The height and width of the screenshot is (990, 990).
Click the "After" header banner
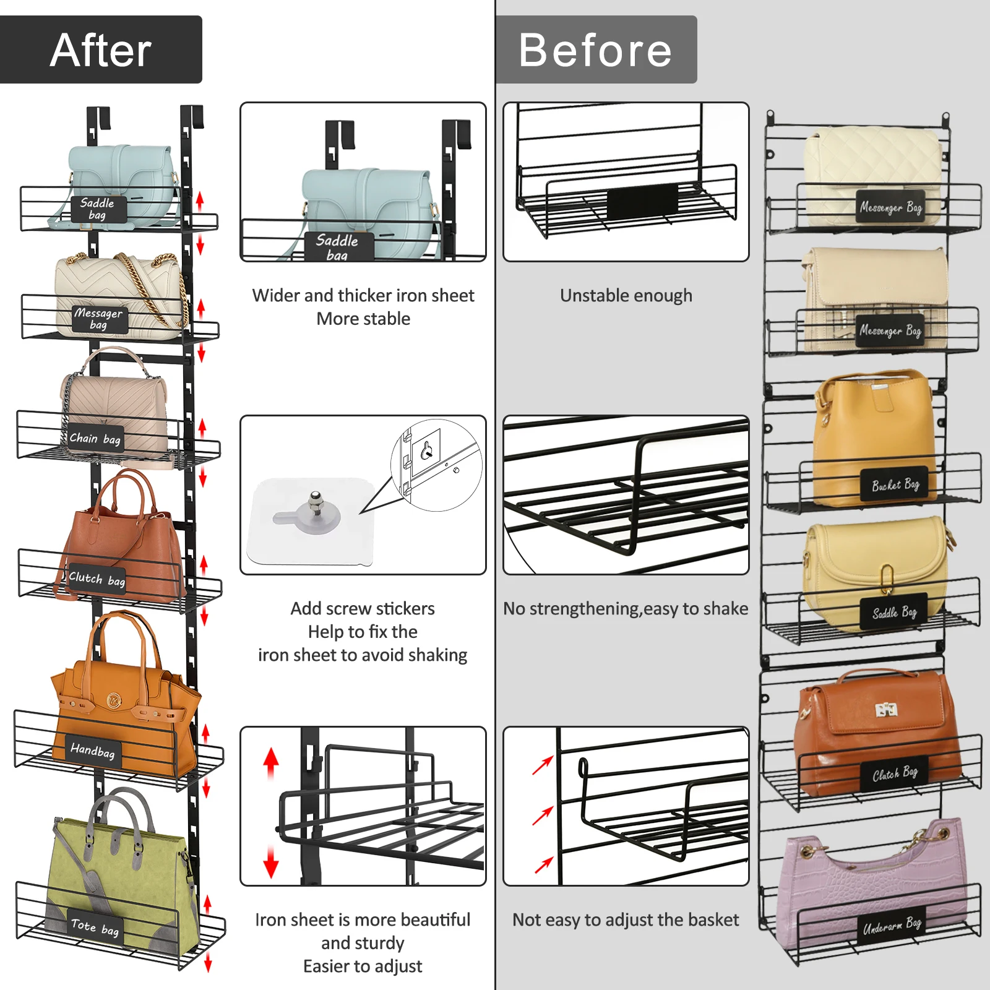tap(101, 49)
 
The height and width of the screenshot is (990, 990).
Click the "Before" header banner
tap(596, 49)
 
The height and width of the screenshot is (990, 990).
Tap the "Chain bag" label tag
tap(95, 439)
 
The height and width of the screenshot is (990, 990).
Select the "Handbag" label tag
tap(92, 751)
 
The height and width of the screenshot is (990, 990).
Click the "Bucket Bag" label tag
tap(895, 484)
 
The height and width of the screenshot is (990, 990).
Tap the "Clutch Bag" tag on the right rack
tap(894, 774)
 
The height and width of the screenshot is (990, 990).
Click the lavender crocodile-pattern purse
tap(872, 885)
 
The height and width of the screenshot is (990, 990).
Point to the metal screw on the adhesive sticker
tap(316, 498)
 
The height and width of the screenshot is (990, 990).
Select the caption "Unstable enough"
tap(626, 296)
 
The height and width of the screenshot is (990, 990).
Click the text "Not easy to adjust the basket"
tap(626, 920)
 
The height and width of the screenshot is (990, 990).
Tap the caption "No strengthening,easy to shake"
tap(626, 609)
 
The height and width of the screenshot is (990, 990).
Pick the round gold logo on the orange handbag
tap(114, 700)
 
